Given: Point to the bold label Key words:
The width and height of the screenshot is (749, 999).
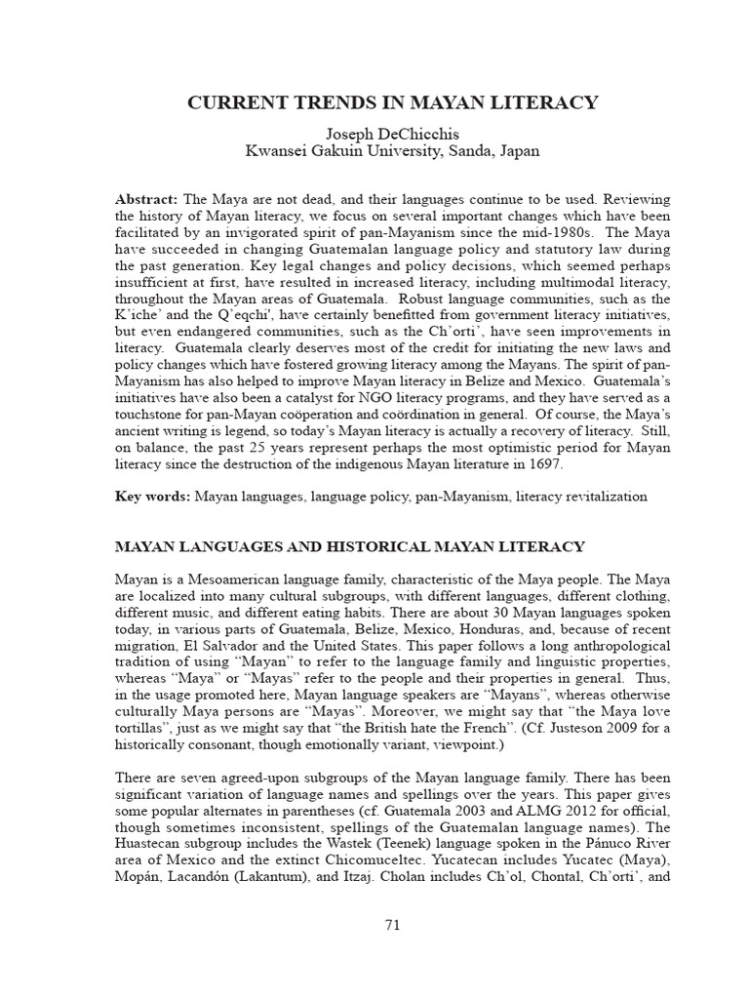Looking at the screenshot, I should click(152, 496).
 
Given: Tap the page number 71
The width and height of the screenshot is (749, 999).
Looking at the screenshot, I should click(393, 925).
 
